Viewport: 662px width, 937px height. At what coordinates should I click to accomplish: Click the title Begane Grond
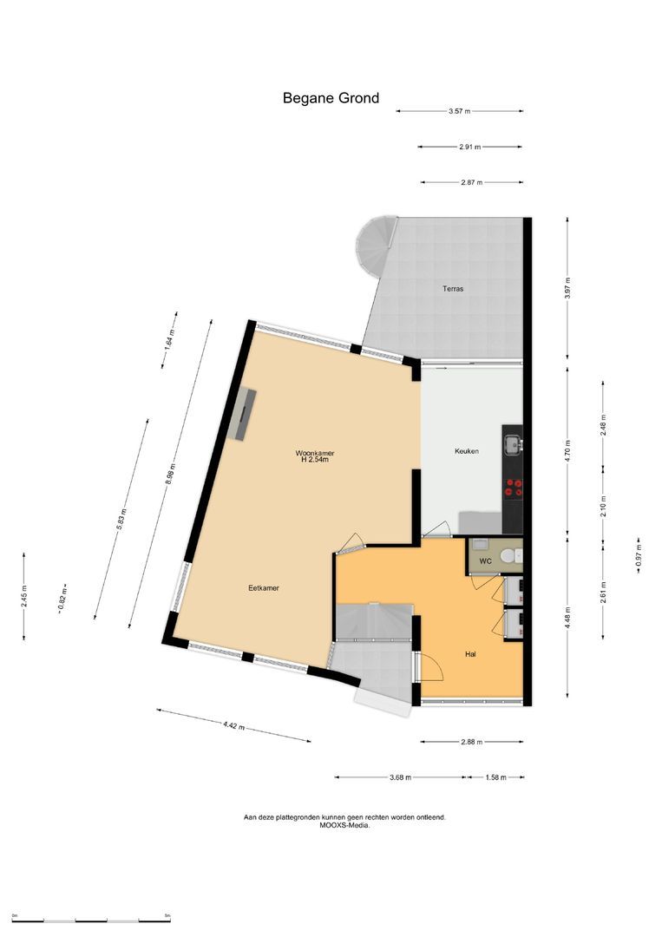(331, 98)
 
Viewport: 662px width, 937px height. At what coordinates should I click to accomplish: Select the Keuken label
(467, 451)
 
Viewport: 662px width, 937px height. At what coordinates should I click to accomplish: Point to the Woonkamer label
(315, 453)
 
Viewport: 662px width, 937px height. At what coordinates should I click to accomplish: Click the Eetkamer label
(263, 587)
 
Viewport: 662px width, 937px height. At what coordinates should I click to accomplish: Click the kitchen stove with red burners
(513, 488)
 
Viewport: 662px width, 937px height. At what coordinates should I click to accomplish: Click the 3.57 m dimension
(459, 111)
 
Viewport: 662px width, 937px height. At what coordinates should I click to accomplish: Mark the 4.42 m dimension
(233, 725)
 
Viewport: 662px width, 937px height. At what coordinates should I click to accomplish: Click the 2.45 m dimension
(24, 596)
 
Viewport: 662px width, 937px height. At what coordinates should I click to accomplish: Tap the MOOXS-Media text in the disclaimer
(344, 826)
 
